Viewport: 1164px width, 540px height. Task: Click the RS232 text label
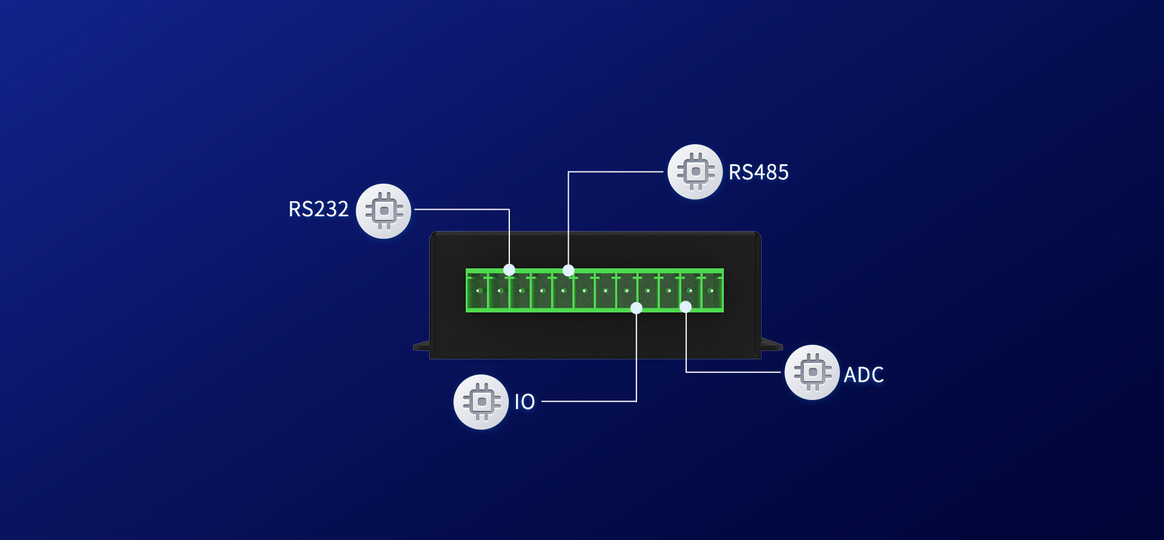(318, 209)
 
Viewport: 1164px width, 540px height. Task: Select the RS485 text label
(758, 172)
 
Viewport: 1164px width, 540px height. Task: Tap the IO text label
(524, 402)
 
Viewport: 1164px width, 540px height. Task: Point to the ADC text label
(863, 375)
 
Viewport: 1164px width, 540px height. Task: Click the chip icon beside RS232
(384, 211)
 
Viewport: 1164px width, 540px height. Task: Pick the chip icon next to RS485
(695, 172)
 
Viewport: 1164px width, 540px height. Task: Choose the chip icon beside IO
(481, 402)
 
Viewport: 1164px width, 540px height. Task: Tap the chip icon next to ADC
(812, 372)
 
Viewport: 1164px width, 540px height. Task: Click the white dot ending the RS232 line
(509, 270)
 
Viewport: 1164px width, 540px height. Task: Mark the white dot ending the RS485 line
(568, 270)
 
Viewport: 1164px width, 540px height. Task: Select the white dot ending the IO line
(636, 308)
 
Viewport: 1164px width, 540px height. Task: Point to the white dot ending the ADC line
(686, 307)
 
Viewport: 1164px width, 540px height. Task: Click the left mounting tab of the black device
(422, 347)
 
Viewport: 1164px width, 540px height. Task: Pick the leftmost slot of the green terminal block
(478, 292)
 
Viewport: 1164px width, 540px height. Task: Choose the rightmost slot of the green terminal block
(712, 292)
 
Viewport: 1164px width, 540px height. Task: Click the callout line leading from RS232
(461, 210)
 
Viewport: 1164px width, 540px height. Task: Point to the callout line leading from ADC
(734, 372)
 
